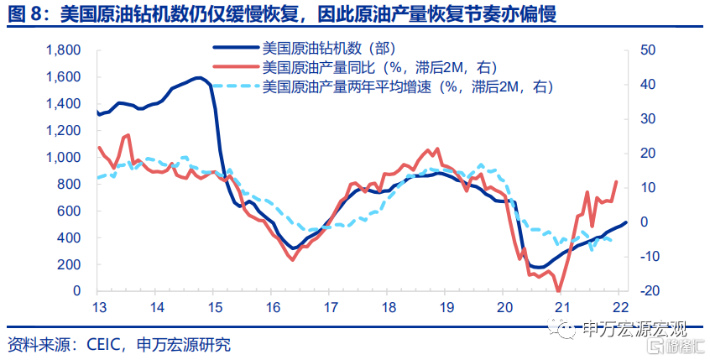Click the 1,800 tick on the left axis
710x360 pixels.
64,50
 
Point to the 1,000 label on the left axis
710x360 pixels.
64,158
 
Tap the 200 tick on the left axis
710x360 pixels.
70,265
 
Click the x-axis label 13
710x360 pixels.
100,307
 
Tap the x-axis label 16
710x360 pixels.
273,307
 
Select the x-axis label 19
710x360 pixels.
447,307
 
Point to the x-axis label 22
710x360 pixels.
621,307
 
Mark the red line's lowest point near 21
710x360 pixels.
558,291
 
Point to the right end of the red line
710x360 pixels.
616,181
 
